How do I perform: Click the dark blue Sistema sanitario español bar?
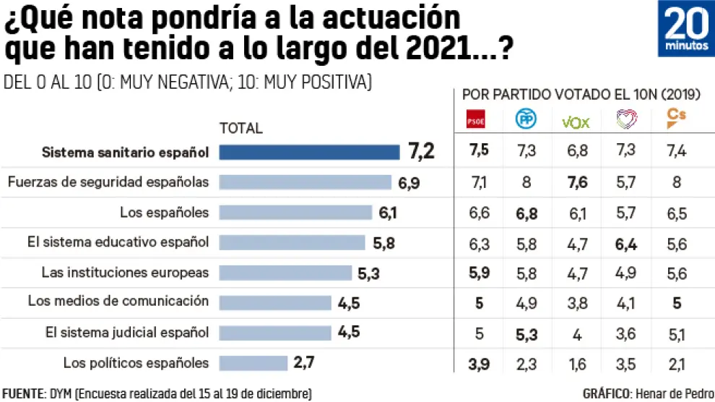[x=309, y=152]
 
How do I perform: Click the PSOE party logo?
[x=474, y=121]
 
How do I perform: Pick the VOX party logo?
[x=576, y=121]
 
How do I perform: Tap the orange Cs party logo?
[x=677, y=119]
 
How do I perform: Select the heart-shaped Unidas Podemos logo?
[x=626, y=121]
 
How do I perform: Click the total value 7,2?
[x=420, y=152]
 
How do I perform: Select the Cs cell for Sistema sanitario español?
[x=677, y=151]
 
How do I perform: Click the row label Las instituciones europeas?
[x=125, y=272]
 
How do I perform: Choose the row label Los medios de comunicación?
[x=118, y=301]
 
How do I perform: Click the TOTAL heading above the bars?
[x=241, y=129]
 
